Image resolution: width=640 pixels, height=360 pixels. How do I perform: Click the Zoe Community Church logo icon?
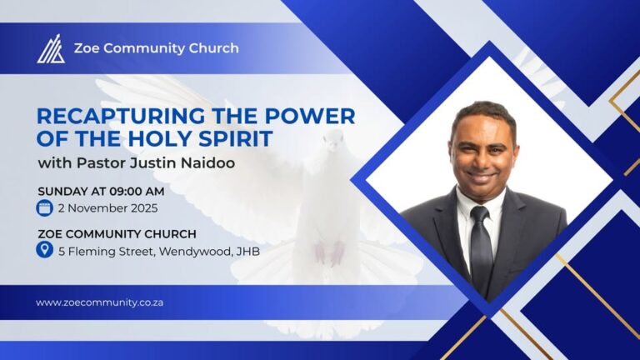point(50,48)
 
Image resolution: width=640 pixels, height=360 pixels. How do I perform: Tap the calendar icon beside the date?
point(44,208)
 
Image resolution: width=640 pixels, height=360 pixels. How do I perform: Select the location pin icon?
point(44,249)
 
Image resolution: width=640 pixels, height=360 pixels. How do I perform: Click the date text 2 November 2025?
point(107,208)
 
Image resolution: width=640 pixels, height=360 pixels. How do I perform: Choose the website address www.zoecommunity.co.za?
point(99,302)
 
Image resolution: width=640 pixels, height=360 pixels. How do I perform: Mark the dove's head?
point(334,139)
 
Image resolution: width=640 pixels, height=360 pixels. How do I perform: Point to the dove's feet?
point(329,251)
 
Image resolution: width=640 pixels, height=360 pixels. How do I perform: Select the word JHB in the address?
point(247,250)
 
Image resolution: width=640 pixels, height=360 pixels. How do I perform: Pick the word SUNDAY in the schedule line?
point(60,191)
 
